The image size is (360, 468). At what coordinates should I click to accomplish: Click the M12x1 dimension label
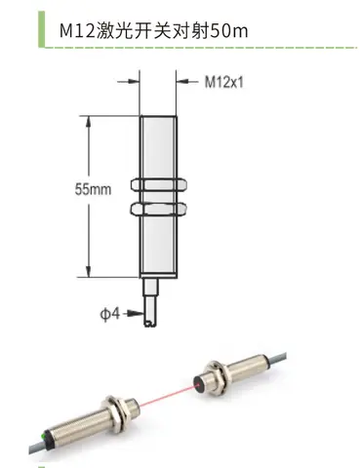coord(223,82)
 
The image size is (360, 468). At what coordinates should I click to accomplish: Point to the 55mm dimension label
coord(93,189)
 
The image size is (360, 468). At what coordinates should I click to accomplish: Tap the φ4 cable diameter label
coord(110,314)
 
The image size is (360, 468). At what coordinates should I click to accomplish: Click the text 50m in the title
coord(229,31)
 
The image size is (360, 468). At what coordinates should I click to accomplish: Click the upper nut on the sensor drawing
coord(159,184)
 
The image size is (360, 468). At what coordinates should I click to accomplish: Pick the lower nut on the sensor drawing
coord(159,209)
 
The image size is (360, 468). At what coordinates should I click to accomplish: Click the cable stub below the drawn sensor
coord(151,303)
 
